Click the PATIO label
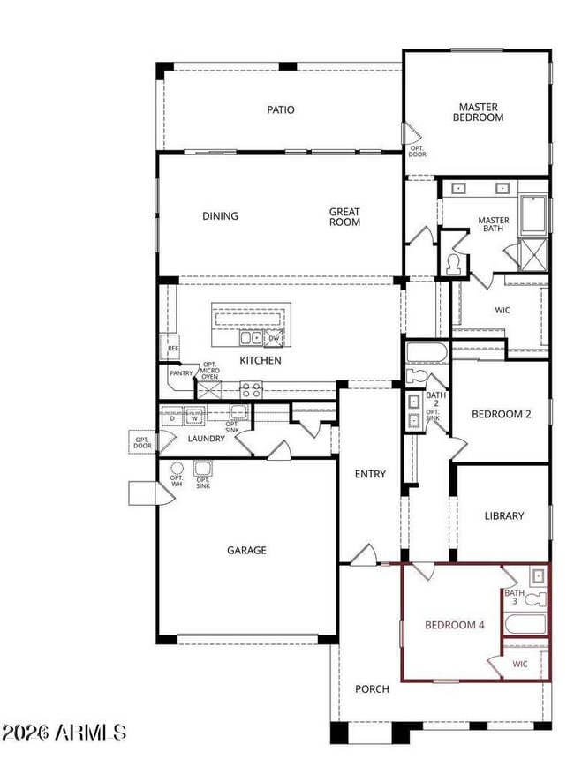point(281,110)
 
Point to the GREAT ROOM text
point(344,217)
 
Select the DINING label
point(220,216)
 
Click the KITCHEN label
point(261,361)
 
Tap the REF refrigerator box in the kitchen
point(173,348)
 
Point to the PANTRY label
point(182,374)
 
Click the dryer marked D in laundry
point(173,418)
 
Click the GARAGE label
point(246,551)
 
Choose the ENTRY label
point(370,475)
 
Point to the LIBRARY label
point(504,516)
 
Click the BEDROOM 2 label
point(501,414)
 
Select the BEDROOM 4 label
point(455,625)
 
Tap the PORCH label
point(372,689)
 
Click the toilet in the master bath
point(456,264)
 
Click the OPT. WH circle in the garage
point(177,468)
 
